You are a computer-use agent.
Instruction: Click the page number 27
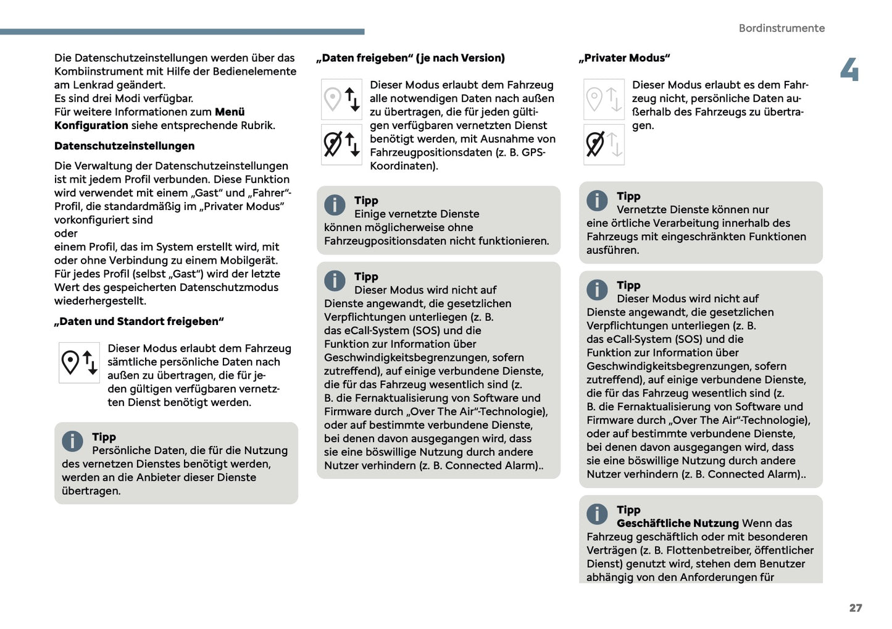pos(855,608)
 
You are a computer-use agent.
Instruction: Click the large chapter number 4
pos(849,70)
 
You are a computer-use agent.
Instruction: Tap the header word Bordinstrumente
pos(781,28)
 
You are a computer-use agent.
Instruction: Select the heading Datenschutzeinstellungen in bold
pos(124,146)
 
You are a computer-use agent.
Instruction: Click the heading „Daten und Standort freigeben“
pos(139,321)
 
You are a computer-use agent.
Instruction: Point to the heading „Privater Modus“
pos(624,58)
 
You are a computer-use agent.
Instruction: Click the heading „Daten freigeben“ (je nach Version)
pos(410,58)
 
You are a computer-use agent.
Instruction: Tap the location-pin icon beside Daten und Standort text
pos(71,362)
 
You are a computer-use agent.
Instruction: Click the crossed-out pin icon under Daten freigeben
pos(333,144)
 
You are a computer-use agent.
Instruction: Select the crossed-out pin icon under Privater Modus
pos(595,144)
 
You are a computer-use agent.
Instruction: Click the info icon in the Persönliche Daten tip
pos(72,441)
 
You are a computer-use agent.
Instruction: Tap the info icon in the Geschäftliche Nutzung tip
pos(597,513)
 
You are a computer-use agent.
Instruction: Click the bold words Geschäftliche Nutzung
pos(677,523)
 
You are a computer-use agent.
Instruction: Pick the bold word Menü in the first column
pos(230,112)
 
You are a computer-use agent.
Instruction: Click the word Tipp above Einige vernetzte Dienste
pos(366,200)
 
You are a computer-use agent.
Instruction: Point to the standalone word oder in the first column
pos(66,234)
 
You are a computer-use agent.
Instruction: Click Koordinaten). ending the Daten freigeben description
pos(404,166)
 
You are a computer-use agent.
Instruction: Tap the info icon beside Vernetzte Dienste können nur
pos(597,200)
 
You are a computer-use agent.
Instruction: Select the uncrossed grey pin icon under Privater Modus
pos(594,99)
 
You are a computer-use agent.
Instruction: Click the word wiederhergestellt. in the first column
pos(100,301)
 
